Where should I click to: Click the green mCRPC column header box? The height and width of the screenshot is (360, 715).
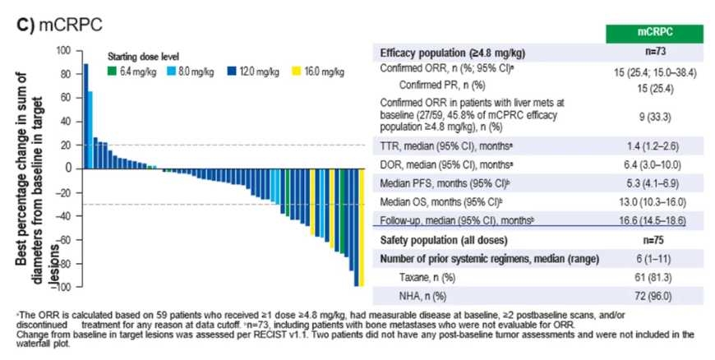(x=654, y=32)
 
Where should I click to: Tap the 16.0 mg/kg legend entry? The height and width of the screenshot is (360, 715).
(x=322, y=72)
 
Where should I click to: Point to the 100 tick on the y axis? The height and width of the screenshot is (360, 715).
(x=64, y=50)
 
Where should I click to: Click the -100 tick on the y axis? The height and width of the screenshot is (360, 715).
(x=62, y=287)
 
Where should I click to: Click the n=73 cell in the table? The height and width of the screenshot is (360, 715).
(x=654, y=52)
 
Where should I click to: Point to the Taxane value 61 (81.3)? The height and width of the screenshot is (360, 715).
(x=654, y=278)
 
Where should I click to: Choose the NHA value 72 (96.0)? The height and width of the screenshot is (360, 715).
(x=654, y=296)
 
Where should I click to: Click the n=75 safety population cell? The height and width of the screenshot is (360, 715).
(x=654, y=240)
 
